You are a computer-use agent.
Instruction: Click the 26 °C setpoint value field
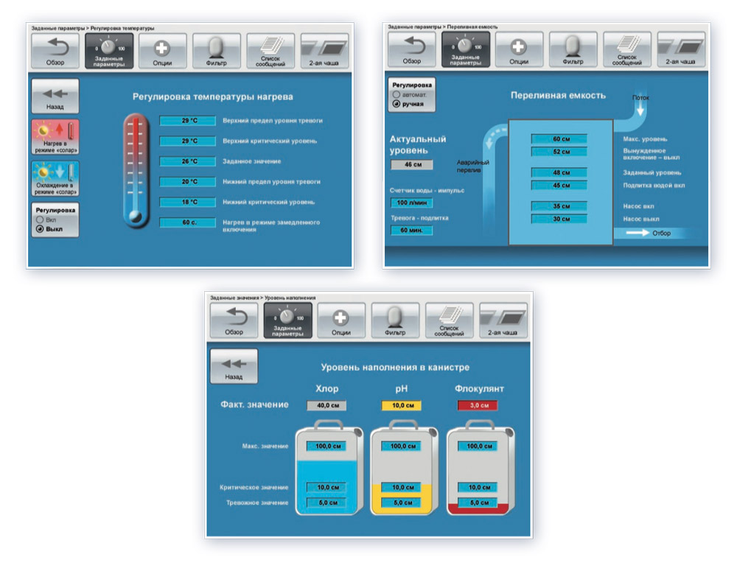click(187, 161)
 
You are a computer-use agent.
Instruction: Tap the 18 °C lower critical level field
click(187, 201)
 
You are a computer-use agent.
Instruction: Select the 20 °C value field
click(187, 181)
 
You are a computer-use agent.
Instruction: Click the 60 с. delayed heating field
click(187, 222)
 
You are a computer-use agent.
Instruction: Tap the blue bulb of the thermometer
click(135, 216)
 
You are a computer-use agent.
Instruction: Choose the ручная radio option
click(398, 104)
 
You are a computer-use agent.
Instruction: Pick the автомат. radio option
click(398, 95)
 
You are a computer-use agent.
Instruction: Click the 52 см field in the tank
click(559, 152)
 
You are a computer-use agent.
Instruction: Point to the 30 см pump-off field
click(559, 219)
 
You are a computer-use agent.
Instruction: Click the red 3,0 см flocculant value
click(478, 405)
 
